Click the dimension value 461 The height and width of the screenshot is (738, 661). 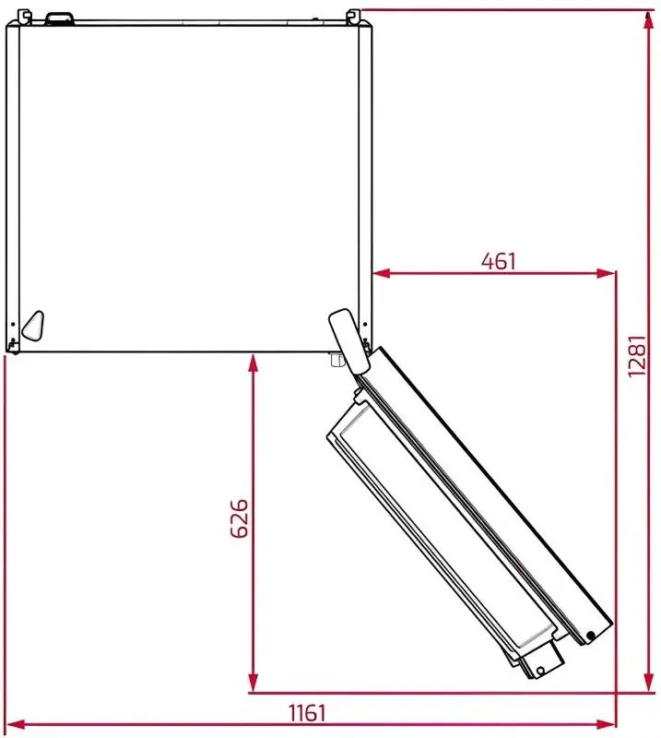tap(499, 261)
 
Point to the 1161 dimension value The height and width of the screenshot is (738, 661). tap(307, 712)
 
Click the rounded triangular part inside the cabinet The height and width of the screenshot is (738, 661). tap(32, 324)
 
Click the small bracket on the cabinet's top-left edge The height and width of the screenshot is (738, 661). tap(61, 18)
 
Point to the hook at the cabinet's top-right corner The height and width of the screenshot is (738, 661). tap(353, 16)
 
